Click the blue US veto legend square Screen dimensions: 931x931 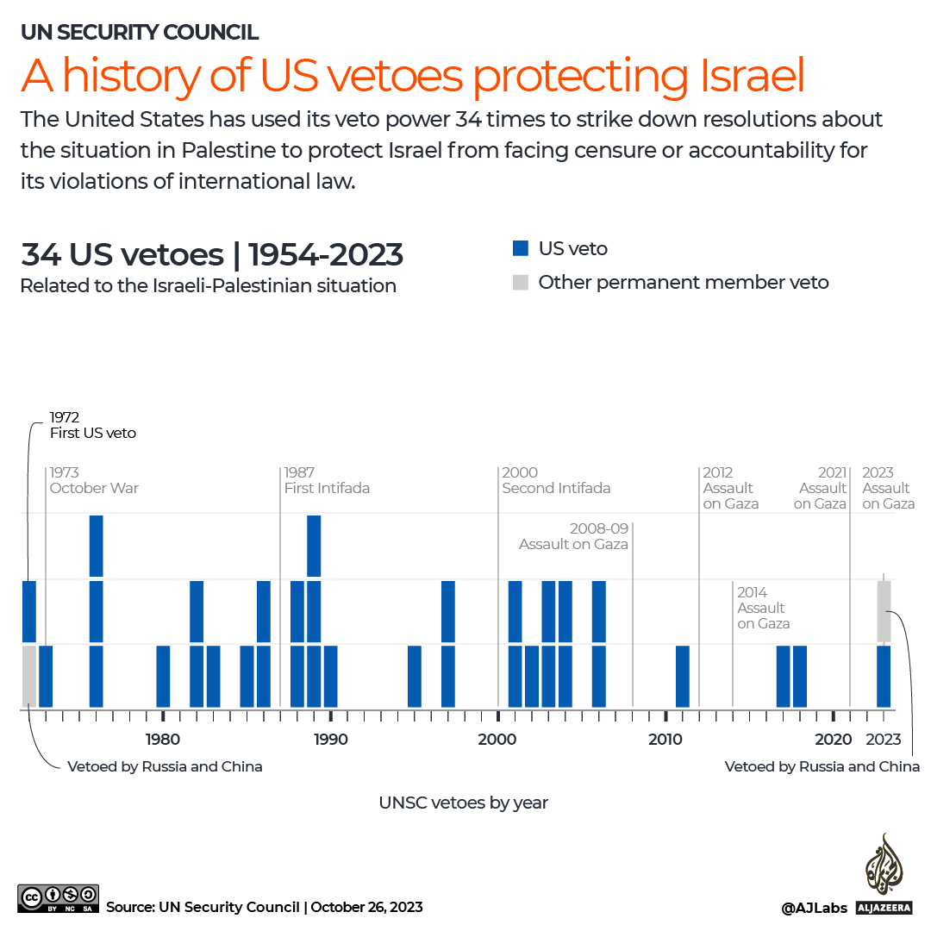pyautogui.click(x=520, y=248)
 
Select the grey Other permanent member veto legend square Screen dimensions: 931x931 pyautogui.click(x=520, y=282)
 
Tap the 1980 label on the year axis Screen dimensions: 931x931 pyautogui.click(x=163, y=739)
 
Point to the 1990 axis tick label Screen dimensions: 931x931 pyautogui.click(x=331, y=739)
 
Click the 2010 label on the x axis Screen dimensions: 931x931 pyautogui.click(x=665, y=739)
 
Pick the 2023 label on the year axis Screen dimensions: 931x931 pyautogui.click(x=884, y=739)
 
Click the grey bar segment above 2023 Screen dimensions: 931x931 pyautogui.click(x=884, y=611)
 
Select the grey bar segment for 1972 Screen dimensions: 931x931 pyautogui.click(x=28, y=676)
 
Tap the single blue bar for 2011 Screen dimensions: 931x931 pyautogui.click(x=683, y=676)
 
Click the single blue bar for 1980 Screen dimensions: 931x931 pyautogui.click(x=163, y=676)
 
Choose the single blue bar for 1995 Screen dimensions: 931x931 pyautogui.click(x=415, y=676)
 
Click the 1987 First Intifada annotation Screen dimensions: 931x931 pyautogui.click(x=327, y=480)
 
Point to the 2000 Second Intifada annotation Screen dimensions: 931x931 pyautogui.click(x=556, y=480)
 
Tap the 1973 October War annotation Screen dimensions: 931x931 pyautogui.click(x=94, y=480)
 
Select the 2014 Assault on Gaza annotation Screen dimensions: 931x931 pyautogui.click(x=763, y=608)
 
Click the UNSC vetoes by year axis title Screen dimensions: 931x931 pyautogui.click(x=464, y=803)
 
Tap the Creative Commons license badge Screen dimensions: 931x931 pyautogui.click(x=58, y=898)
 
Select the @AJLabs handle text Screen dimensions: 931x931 pyautogui.click(x=814, y=907)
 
